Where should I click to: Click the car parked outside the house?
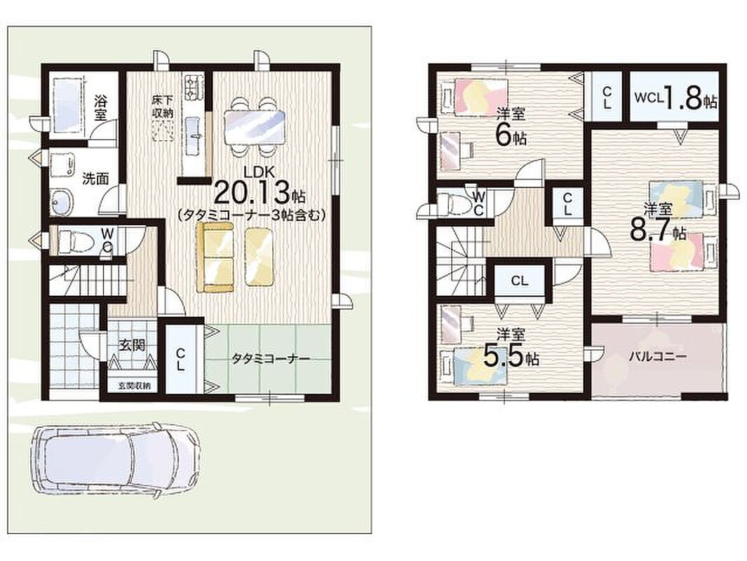[115, 459]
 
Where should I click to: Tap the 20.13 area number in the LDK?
[252, 193]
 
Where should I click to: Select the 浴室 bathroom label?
[100, 107]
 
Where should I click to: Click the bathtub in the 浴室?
[67, 106]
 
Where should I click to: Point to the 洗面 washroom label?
[96, 179]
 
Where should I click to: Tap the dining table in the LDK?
[255, 127]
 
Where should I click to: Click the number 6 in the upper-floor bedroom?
[503, 135]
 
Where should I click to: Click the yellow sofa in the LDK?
[215, 257]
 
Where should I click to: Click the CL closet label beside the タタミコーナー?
[180, 358]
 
